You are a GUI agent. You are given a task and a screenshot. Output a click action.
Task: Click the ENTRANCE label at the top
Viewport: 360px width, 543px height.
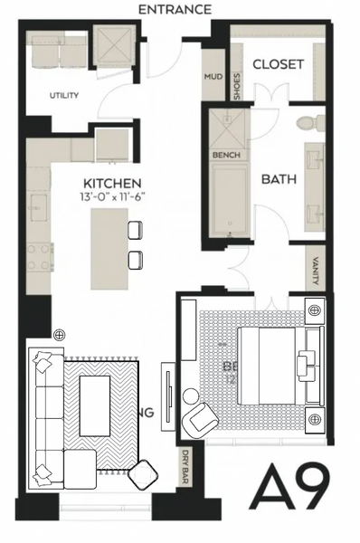(x=175, y=9)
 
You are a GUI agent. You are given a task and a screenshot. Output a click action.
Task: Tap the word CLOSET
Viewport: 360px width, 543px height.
(x=278, y=64)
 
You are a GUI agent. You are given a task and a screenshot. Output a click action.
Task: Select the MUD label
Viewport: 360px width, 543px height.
(x=213, y=78)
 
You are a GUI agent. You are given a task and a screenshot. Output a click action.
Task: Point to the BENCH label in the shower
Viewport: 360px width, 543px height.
(x=224, y=155)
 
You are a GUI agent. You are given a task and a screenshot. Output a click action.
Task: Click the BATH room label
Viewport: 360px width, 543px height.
(x=279, y=179)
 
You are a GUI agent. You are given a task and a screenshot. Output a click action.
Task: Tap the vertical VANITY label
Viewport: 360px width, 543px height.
(x=315, y=271)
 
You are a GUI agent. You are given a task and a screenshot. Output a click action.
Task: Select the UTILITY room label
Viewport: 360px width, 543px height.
(x=63, y=95)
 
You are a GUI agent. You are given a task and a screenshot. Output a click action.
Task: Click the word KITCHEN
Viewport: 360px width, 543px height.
(x=111, y=183)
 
